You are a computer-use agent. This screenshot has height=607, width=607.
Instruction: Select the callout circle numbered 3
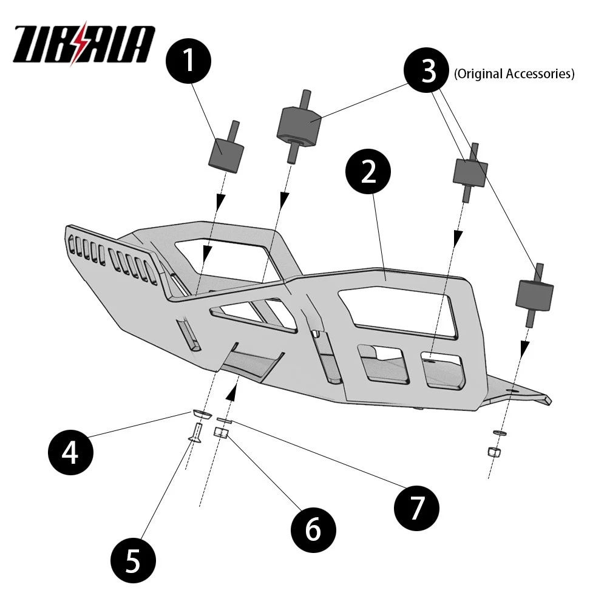(429, 72)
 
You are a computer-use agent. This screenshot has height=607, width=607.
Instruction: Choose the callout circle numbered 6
(312, 529)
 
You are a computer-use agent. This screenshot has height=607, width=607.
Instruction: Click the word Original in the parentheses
(477, 74)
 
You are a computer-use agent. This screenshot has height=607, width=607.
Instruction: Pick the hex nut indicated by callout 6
(222, 433)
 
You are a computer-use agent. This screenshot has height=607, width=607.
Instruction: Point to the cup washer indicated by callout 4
(200, 413)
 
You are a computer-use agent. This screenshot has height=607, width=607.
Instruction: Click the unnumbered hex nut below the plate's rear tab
(494, 452)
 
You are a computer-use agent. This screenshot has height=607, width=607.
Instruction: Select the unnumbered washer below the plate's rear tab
(498, 432)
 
